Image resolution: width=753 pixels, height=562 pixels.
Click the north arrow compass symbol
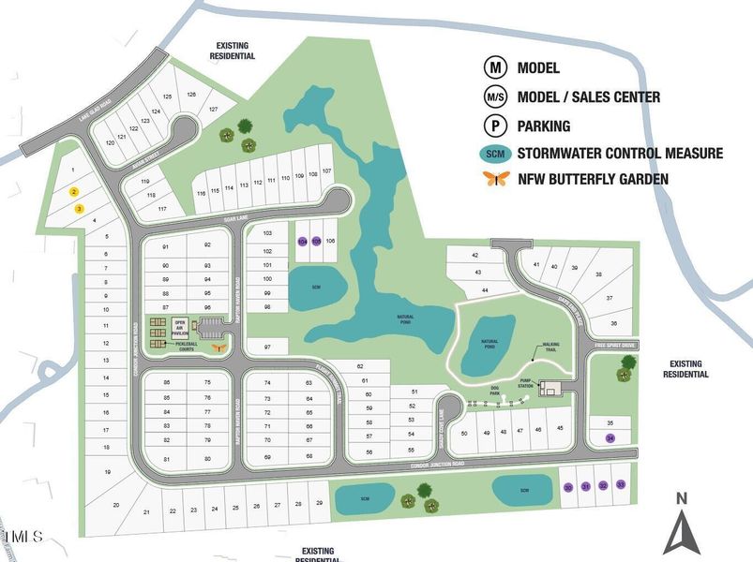coord(683,525)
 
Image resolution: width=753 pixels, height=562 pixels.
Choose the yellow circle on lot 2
coord(73,191)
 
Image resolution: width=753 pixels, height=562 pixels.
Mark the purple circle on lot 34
coord(610,437)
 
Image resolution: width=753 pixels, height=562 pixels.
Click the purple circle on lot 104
coord(302,241)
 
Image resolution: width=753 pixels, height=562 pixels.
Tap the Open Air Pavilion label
coord(181,327)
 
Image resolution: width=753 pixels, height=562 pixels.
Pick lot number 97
coord(268,348)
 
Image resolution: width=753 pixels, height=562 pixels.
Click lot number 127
coord(213,110)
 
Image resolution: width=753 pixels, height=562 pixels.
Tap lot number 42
coord(474,255)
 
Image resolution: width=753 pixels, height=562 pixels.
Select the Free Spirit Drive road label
coord(615,345)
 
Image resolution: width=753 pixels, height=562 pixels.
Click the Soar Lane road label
coord(248,221)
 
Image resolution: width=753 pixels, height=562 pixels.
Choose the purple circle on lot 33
coord(620,485)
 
